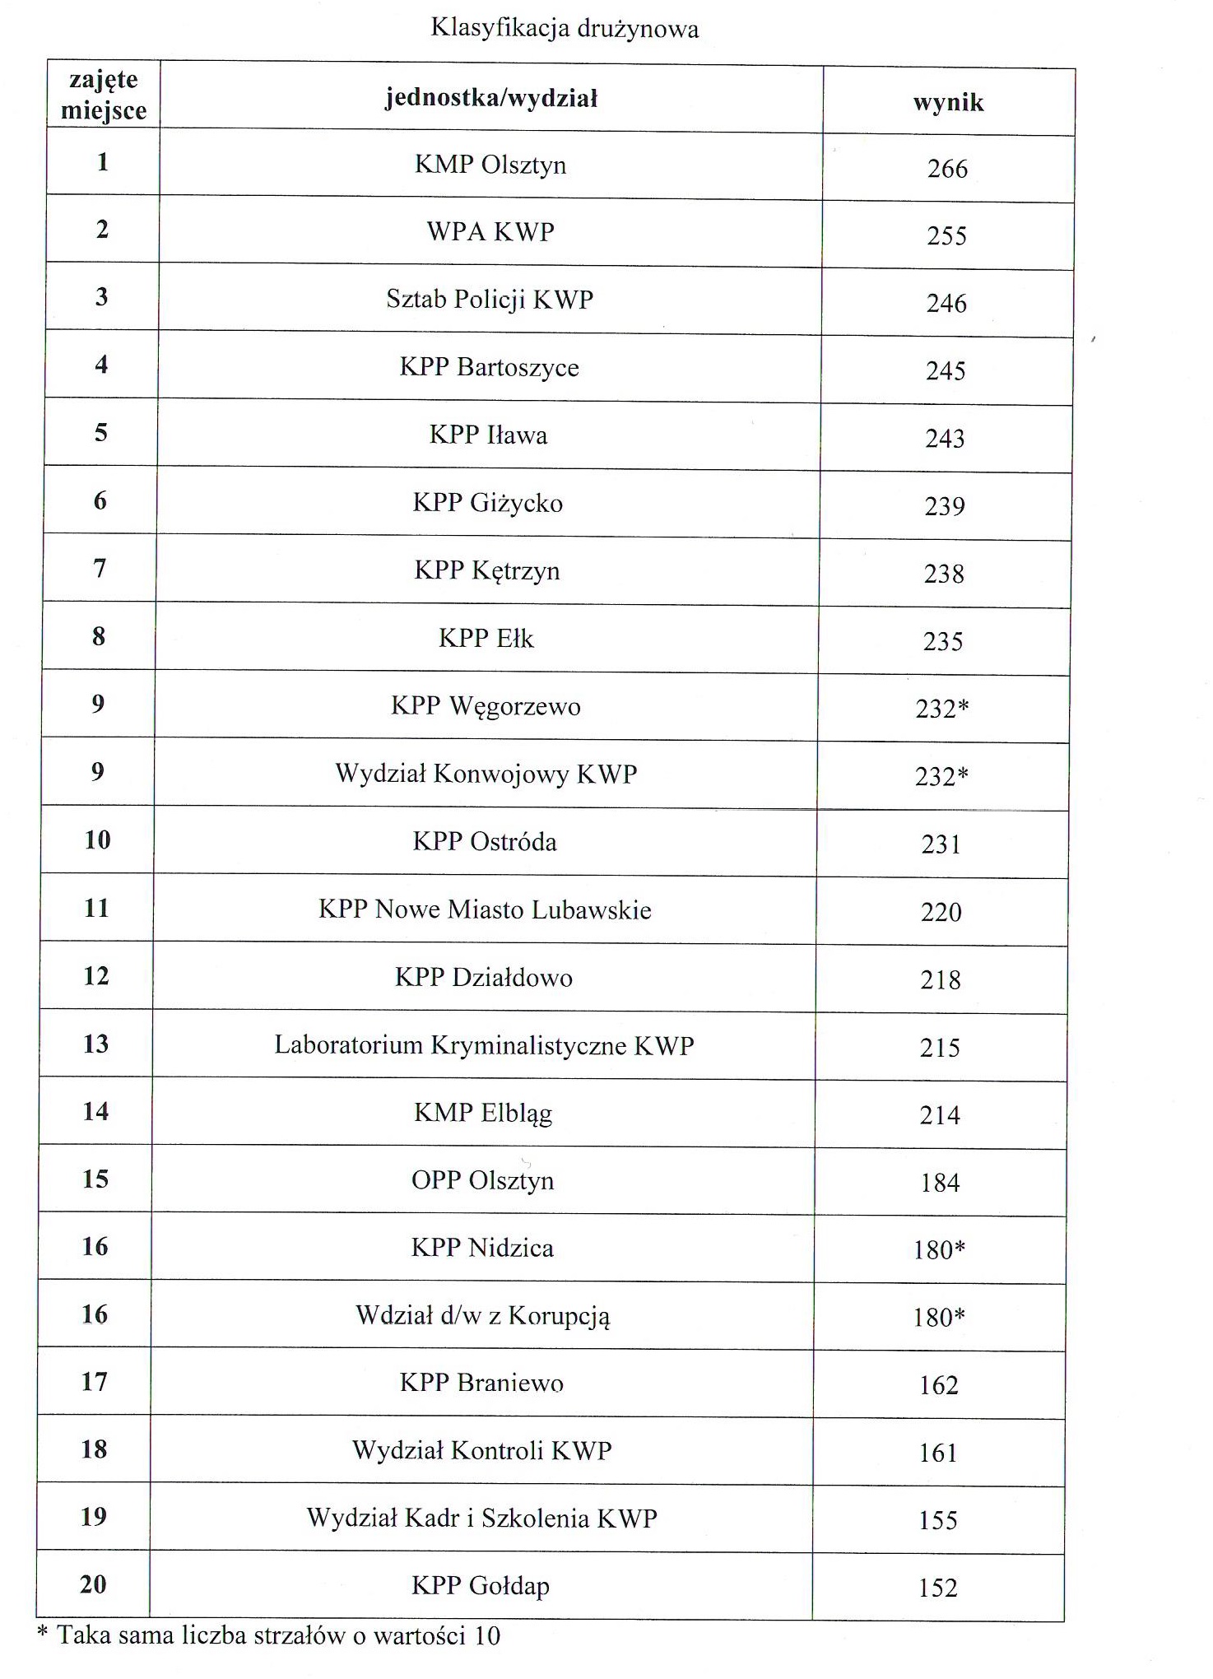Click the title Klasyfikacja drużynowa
pyautogui.click(x=565, y=29)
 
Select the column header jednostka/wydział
pyautogui.click(x=490, y=99)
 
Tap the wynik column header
pyautogui.click(x=948, y=102)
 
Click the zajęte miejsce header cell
pyautogui.click(x=104, y=95)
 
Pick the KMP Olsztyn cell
pyautogui.click(x=490, y=165)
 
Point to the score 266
pyautogui.click(x=947, y=169)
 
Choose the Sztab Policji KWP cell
pyautogui.click(x=490, y=299)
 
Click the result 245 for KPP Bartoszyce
pyautogui.click(x=946, y=371)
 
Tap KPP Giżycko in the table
pyautogui.click(x=488, y=503)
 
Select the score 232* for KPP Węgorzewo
pyautogui.click(x=942, y=709)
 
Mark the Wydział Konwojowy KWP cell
pyautogui.click(x=486, y=774)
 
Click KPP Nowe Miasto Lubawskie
pyautogui.click(x=485, y=909)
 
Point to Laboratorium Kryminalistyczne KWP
pyautogui.click(x=484, y=1045)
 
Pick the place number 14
pyautogui.click(x=95, y=1111)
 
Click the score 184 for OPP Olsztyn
pyautogui.click(x=940, y=1183)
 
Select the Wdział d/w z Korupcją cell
pyautogui.click(x=482, y=1315)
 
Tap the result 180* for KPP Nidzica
pyautogui.click(x=939, y=1250)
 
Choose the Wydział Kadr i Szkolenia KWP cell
pyautogui.click(x=481, y=1518)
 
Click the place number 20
pyautogui.click(x=93, y=1584)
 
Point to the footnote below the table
pyautogui.click(x=269, y=1635)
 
